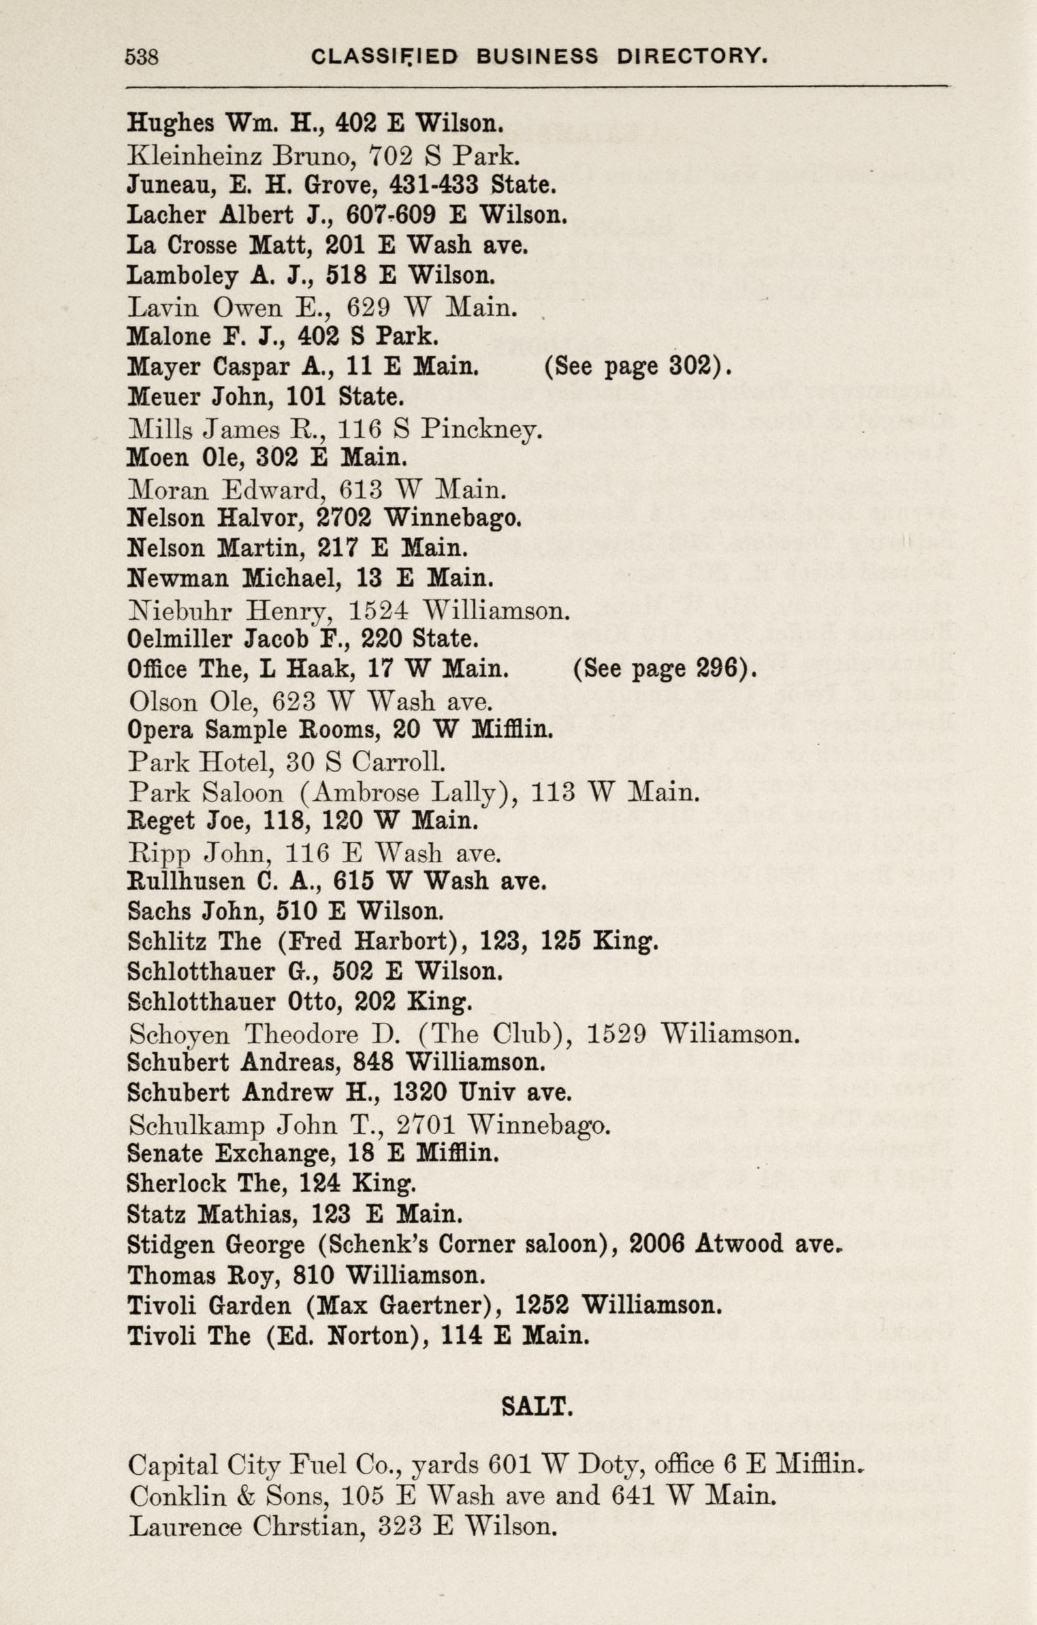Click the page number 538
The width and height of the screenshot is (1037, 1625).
click(x=142, y=57)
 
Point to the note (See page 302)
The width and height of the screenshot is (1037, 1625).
click(x=637, y=366)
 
